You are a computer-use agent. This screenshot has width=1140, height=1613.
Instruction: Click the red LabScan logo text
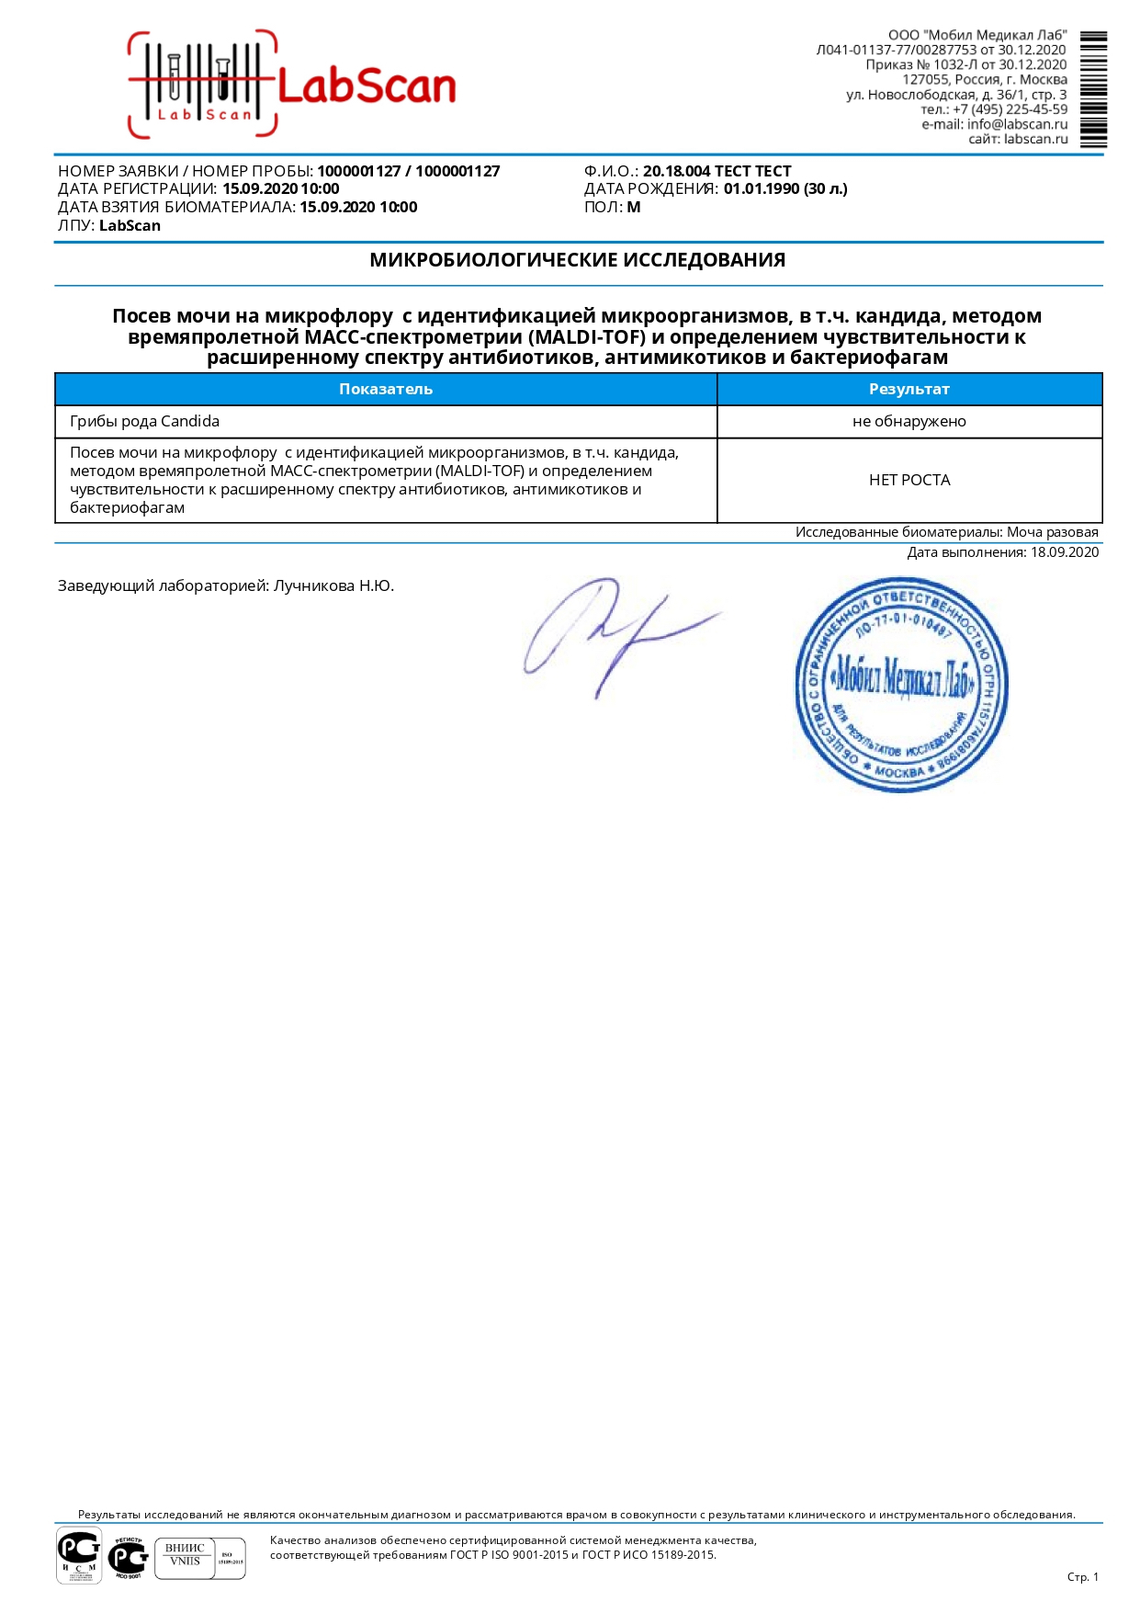coord(366,87)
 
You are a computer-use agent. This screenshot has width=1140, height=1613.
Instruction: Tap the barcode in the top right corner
coord(1092,89)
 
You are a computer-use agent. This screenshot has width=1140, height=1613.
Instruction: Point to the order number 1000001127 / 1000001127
coord(408,171)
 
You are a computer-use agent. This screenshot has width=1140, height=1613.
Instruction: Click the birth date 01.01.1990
coord(761,189)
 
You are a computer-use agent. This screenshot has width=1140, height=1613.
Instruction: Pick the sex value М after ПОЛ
coord(634,208)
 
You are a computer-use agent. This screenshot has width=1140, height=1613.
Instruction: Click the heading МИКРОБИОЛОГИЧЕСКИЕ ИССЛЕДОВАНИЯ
coord(577,260)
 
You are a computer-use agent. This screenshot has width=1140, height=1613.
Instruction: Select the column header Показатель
coord(385,389)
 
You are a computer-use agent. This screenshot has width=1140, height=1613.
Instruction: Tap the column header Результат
coord(909,389)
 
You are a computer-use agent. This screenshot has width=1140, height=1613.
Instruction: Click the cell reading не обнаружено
coord(909,422)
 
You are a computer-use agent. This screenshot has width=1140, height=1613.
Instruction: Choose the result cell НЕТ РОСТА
coord(909,480)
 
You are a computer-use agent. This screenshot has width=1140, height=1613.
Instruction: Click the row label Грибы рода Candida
coord(144,422)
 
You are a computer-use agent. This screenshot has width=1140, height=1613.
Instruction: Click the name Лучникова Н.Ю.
coord(333,586)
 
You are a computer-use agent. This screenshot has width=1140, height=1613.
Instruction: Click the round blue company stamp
coord(900,684)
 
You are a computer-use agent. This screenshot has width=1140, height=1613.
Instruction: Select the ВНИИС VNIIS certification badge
coord(185,1555)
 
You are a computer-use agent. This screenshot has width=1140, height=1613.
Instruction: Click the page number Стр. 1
coord(1082,1577)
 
